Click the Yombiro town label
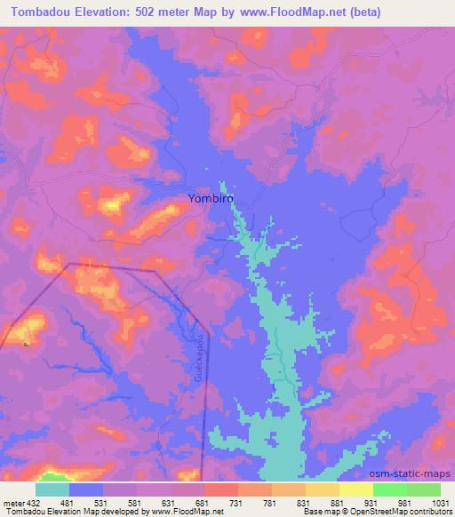point(212,199)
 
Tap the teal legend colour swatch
point(52,490)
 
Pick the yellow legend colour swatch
point(355,490)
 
